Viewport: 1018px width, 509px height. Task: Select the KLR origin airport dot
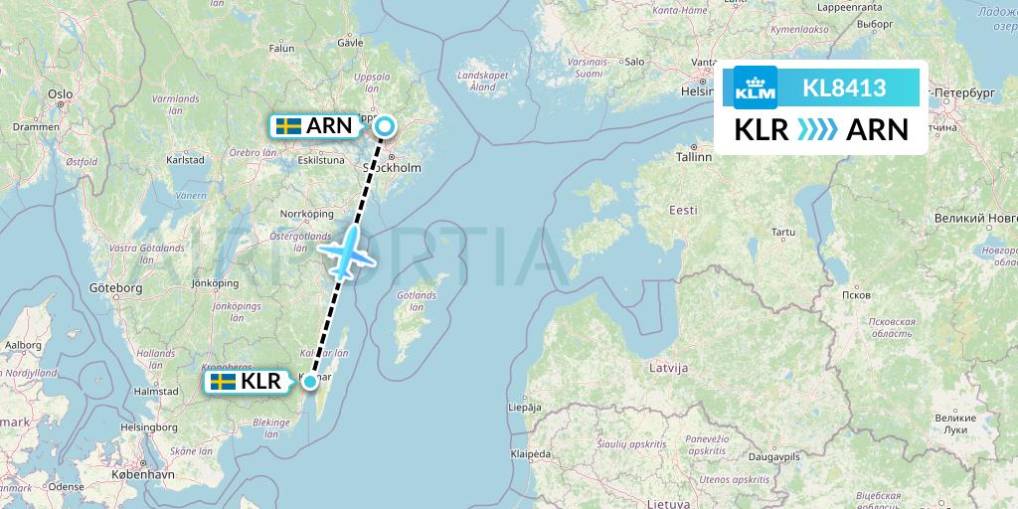click(x=311, y=382)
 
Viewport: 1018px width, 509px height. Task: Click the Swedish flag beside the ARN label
click(x=288, y=126)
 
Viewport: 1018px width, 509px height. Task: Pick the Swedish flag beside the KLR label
click(x=223, y=382)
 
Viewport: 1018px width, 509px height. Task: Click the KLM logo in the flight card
click(x=755, y=88)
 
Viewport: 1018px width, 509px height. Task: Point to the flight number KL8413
click(x=844, y=88)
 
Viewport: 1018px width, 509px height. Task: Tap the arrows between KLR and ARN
click(x=817, y=130)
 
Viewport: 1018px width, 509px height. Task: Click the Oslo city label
click(x=61, y=94)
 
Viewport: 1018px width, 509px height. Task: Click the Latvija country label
click(x=668, y=368)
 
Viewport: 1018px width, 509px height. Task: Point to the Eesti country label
click(x=683, y=211)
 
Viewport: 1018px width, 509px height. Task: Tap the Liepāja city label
click(x=524, y=408)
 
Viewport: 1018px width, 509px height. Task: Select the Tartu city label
click(x=784, y=233)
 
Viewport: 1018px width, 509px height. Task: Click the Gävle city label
click(x=351, y=44)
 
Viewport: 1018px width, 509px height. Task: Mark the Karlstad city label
click(x=186, y=158)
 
